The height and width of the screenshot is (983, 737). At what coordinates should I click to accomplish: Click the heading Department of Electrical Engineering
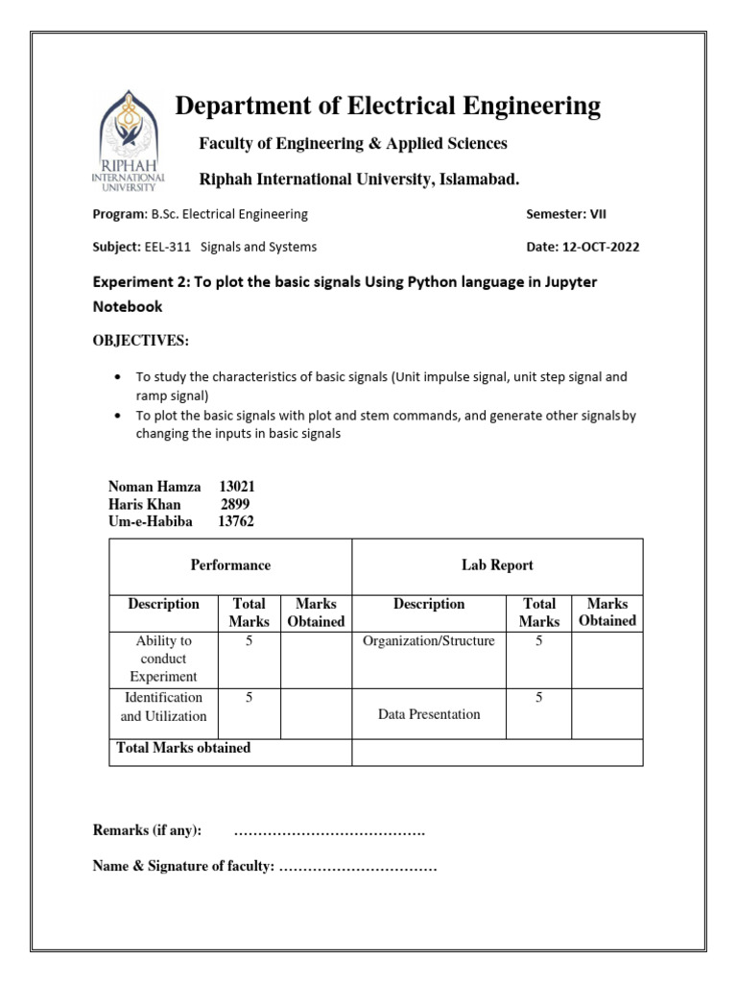pyautogui.click(x=387, y=107)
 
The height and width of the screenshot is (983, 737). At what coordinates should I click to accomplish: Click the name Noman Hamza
pyautogui.click(x=155, y=487)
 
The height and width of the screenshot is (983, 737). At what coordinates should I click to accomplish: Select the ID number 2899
pyautogui.click(x=235, y=504)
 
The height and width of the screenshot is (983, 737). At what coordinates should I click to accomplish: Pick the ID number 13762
pyautogui.click(x=236, y=521)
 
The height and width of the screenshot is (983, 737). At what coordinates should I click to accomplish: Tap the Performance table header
pyautogui.click(x=230, y=565)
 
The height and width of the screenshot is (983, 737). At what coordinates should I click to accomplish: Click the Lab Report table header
pyautogui.click(x=497, y=565)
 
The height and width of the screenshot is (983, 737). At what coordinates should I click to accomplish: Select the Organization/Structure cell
pyautogui.click(x=428, y=641)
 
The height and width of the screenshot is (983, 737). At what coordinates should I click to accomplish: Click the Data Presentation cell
pyautogui.click(x=428, y=714)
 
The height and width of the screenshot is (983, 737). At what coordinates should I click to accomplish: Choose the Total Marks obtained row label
pyautogui.click(x=183, y=748)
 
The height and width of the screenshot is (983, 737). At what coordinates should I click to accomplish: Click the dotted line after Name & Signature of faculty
pyautogui.click(x=357, y=867)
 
